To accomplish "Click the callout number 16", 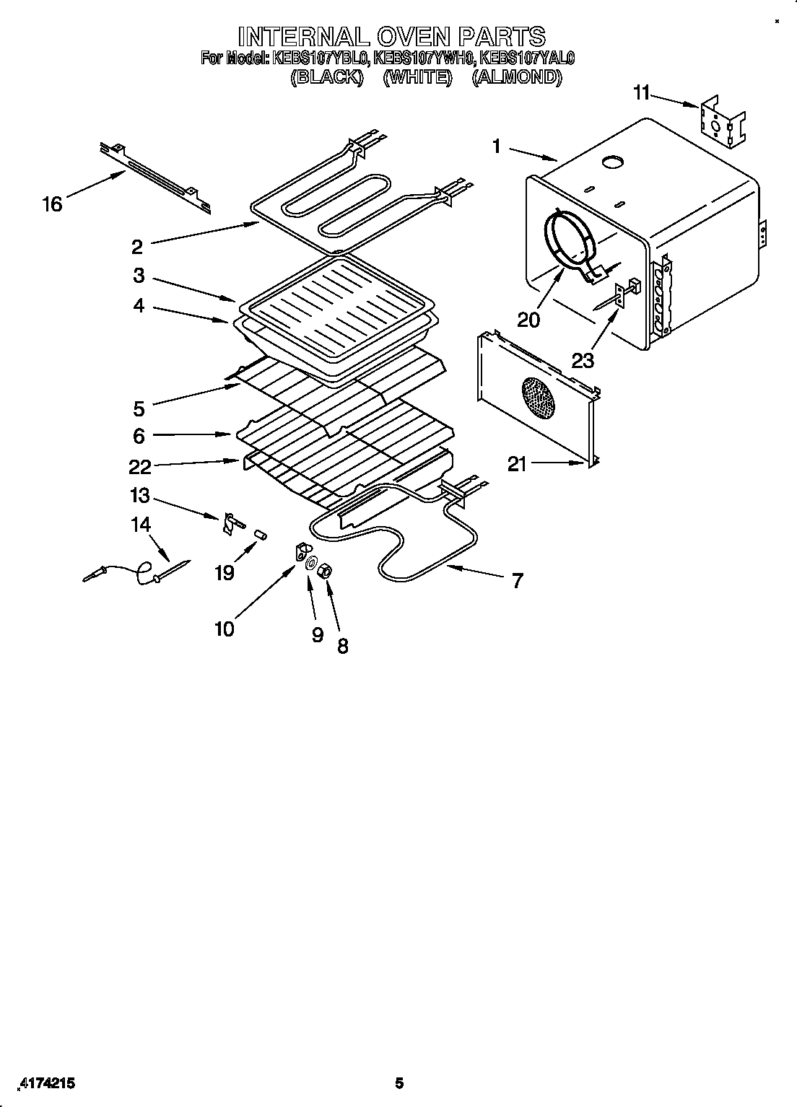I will pyautogui.click(x=52, y=204).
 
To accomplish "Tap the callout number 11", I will pyautogui.click(x=642, y=92).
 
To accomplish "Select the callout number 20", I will pyautogui.click(x=528, y=319).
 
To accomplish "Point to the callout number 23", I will pyautogui.click(x=583, y=359).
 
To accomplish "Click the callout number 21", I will pyautogui.click(x=517, y=464).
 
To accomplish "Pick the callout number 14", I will pyautogui.click(x=140, y=525).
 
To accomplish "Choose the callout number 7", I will pyautogui.click(x=518, y=580).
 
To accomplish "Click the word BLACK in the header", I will pyautogui.click(x=326, y=77).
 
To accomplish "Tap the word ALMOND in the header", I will pyautogui.click(x=516, y=77).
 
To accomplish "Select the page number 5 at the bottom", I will pyautogui.click(x=398, y=1082).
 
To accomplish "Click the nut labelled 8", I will pyautogui.click(x=326, y=571).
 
